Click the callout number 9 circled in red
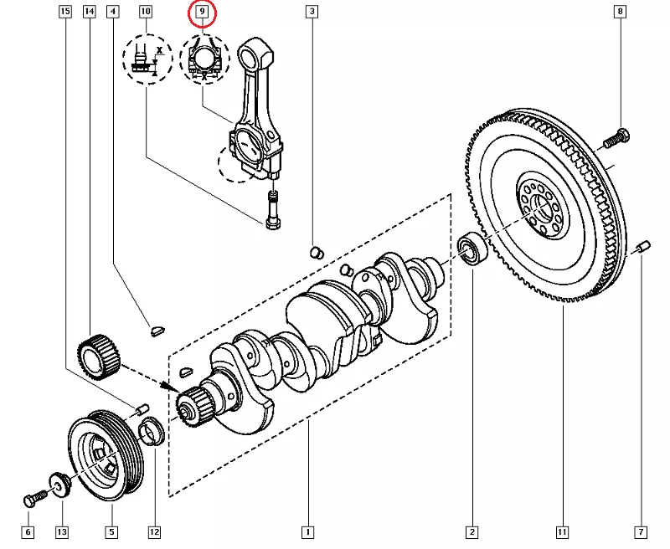[202, 13]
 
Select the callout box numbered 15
[65, 12]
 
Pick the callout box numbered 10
[146, 12]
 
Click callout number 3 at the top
[312, 12]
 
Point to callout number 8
[620, 12]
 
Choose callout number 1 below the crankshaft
[308, 532]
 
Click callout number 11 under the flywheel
[562, 532]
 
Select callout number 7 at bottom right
[642, 532]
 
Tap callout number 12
[154, 532]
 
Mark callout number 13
[61, 532]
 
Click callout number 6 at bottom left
[27, 532]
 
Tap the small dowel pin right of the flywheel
[642, 247]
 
